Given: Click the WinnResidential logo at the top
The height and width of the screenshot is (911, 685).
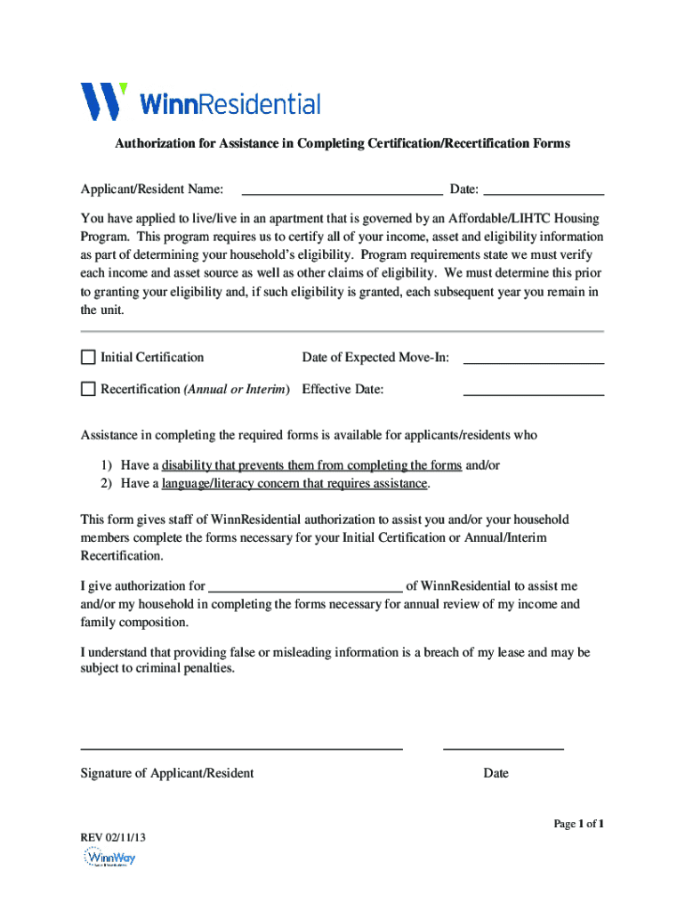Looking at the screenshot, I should click(x=200, y=102).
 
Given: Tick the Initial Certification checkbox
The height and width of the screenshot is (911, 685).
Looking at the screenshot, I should click(x=88, y=358).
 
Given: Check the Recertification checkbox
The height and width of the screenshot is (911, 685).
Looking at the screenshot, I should click(x=88, y=389).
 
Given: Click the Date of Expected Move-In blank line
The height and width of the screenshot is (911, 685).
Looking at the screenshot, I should click(x=534, y=358).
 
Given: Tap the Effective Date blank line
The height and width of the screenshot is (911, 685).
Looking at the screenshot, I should click(x=534, y=389).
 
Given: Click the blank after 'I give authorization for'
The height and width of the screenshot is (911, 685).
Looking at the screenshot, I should click(x=305, y=584).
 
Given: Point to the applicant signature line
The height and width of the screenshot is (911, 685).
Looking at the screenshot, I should click(x=242, y=746).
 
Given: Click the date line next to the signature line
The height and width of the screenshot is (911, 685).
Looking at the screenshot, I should click(x=504, y=746).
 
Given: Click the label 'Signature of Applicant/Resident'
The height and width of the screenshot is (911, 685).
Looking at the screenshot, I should click(x=167, y=773).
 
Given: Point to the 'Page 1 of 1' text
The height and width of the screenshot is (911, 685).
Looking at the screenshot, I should click(x=579, y=824).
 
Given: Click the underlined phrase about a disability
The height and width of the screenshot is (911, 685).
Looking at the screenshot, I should click(x=311, y=465).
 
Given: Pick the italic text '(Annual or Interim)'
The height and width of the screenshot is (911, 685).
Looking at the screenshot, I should click(x=237, y=389).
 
